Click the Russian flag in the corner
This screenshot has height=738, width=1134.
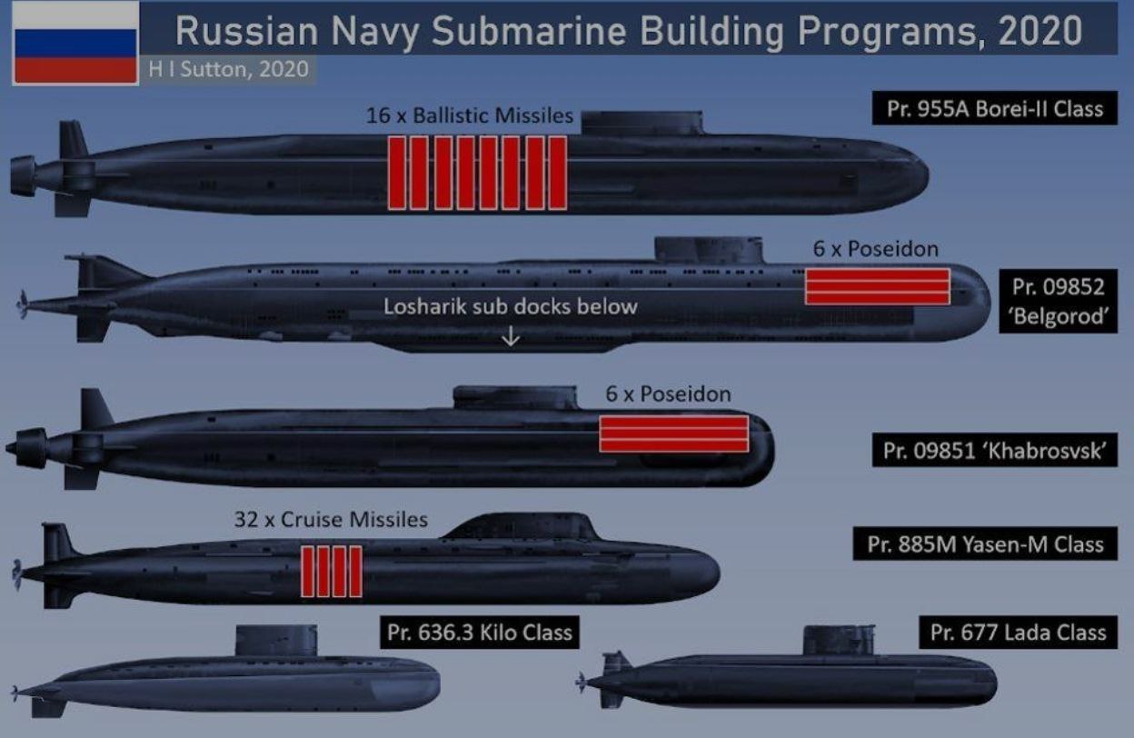75,44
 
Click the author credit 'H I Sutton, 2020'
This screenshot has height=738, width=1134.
228,69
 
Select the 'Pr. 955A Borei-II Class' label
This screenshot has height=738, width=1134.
994,108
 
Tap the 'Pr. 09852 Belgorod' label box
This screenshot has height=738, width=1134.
1058,302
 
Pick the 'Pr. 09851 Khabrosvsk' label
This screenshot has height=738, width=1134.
994,450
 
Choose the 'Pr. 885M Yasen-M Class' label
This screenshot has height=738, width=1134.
985,544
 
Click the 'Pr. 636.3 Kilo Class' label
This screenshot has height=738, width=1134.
480,633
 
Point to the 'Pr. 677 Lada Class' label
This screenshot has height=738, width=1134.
1018,633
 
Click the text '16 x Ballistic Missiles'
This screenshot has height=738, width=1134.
469,115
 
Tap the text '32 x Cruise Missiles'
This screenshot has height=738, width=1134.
331,520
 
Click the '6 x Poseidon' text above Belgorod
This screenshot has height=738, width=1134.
876,249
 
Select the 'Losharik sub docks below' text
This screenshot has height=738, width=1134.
511,306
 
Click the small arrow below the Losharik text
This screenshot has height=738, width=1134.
511,335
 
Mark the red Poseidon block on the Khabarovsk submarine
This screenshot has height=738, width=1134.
674,434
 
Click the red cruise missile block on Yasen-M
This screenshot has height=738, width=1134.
332,572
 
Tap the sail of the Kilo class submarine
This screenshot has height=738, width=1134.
276,641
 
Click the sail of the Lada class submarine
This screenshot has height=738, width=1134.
839,640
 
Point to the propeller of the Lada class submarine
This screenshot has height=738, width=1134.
582,683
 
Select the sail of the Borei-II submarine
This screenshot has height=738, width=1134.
642,123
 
